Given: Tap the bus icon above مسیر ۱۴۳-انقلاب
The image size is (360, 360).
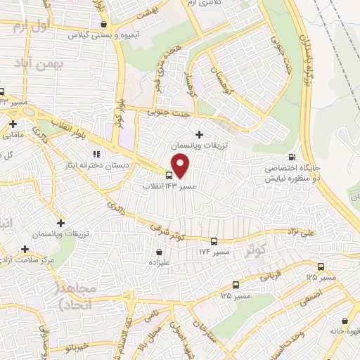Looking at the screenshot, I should pos(169,175).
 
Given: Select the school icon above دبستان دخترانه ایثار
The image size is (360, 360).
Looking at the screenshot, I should pos(97,153).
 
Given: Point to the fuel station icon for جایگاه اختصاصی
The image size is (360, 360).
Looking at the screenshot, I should pos(292,157).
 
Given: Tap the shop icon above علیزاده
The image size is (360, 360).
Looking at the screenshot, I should pos(160,252).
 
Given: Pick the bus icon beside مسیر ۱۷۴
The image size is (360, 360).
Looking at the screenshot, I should pos(233,250).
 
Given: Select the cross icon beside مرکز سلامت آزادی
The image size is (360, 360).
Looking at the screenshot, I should pos(25,249).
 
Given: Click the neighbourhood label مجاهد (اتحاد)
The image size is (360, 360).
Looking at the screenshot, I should pos(70,295).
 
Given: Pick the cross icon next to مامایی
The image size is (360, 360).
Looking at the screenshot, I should pos(13,124).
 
